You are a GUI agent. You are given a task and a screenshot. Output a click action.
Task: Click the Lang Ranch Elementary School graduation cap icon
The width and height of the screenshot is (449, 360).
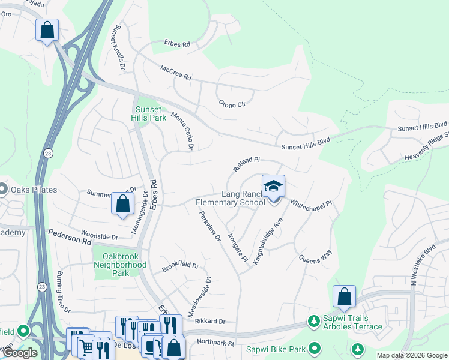pyautogui.click(x=273, y=186)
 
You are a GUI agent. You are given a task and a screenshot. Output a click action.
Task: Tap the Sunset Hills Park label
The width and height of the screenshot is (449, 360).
pyautogui.click(x=149, y=114)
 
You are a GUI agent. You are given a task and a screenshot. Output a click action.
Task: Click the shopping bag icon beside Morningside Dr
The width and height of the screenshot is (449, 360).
pyautogui.click(x=122, y=203)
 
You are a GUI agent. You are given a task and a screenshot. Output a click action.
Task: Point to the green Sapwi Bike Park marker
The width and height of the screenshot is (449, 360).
pyautogui.click(x=314, y=349)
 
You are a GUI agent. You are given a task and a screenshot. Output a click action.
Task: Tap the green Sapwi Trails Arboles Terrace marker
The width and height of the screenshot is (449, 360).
pyautogui.click(x=313, y=322)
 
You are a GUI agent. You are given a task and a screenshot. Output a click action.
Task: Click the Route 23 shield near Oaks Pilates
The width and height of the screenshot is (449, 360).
pyautogui.click(x=48, y=154)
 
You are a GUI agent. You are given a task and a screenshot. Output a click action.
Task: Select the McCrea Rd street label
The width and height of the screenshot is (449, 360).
pyautogui.click(x=176, y=73)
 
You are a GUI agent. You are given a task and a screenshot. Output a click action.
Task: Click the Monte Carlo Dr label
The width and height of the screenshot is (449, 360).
pyautogui.click(x=184, y=131)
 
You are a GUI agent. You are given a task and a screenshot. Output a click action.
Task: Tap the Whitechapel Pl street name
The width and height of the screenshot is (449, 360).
pyautogui.click(x=311, y=205)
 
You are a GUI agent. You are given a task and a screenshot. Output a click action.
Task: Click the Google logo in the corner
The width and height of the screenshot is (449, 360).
pyautogui.click(x=20, y=353)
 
